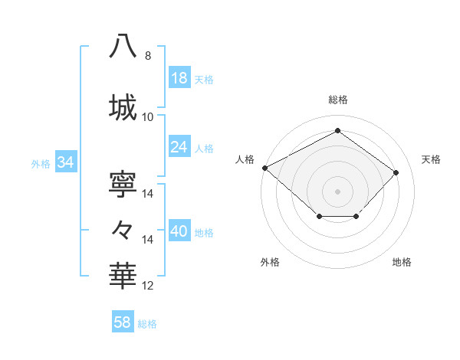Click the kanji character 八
tap(123, 46)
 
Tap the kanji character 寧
tap(123, 184)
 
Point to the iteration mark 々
tap(123, 229)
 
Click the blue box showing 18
tap(179, 79)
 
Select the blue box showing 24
tap(179, 147)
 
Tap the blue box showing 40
tap(179, 232)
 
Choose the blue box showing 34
tap(65, 162)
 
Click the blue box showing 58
tap(123, 323)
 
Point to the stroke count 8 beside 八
tap(148, 56)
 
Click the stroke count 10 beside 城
tap(148, 117)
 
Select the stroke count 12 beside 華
tap(148, 286)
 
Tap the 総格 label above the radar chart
tap(337, 100)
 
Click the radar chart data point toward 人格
tap(264, 168)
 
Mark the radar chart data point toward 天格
tap(396, 172)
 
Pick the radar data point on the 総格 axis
tap(337, 131)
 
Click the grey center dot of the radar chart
tap(337, 191)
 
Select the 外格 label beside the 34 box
tap(41, 163)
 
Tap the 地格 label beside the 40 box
tap(205, 233)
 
